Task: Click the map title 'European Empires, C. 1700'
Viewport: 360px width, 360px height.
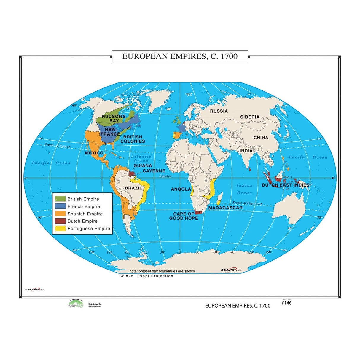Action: [180, 56]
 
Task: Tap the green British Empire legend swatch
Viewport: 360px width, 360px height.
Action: [60, 199]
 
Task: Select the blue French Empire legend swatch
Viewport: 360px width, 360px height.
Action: [60, 206]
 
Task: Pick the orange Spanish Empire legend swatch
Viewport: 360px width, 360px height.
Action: [60, 214]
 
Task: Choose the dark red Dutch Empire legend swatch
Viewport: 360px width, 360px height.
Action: [60, 221]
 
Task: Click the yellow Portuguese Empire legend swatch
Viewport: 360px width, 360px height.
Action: [60, 228]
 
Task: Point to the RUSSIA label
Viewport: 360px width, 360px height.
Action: [219, 111]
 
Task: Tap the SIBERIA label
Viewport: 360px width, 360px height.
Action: [250, 117]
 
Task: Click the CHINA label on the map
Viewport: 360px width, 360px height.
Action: [261, 138]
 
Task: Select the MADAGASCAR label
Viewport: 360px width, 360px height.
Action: [225, 208]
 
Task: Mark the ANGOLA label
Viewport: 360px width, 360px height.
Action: [181, 189]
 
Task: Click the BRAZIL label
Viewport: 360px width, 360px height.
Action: [133, 188]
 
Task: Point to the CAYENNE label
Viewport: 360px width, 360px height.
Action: [154, 171]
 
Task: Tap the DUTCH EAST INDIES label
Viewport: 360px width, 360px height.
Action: [285, 185]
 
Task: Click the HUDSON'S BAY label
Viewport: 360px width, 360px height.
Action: [114, 119]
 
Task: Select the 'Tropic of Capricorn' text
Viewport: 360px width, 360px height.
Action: [247, 203]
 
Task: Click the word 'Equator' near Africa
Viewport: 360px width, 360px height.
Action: [165, 176]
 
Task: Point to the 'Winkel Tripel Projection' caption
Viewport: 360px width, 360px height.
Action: [147, 276]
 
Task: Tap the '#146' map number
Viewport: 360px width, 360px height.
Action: [286, 303]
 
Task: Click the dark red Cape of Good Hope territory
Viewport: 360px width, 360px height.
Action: [198, 212]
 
